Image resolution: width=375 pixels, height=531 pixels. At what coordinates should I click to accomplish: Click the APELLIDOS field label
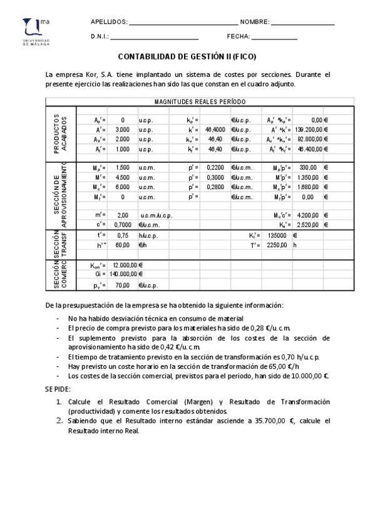(x=108, y=22)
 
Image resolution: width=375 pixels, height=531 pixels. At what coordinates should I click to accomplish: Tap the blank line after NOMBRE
(x=303, y=24)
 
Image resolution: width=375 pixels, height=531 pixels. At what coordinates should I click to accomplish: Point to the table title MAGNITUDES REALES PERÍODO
(x=200, y=101)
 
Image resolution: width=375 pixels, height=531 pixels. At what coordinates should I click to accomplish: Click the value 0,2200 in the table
(x=215, y=168)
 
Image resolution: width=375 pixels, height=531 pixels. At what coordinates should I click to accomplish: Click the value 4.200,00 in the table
(x=309, y=215)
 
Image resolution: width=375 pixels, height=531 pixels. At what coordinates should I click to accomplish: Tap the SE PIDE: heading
(x=58, y=389)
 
